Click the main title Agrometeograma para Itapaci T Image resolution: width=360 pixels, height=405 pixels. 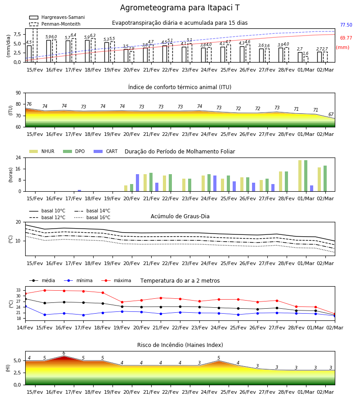180,8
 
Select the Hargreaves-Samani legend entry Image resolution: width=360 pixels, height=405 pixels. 57,17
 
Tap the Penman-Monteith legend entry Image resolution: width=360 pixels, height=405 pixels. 55,24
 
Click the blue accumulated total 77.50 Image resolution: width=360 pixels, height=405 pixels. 346,25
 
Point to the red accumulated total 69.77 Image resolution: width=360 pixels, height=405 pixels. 346,38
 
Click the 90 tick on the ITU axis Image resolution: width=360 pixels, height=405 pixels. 18,93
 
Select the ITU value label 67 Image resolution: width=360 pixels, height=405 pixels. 331,114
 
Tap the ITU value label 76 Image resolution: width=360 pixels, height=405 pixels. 29,104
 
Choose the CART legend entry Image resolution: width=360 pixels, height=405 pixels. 105,151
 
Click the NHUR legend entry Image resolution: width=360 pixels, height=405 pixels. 42,151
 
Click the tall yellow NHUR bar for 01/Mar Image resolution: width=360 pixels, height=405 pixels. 300,176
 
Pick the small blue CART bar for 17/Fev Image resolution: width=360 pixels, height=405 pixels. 79,191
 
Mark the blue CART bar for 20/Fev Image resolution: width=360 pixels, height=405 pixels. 137,183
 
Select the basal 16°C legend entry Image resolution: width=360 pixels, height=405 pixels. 92,217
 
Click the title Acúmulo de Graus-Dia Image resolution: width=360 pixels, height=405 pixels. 180,216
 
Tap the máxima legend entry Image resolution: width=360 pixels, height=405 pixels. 116,280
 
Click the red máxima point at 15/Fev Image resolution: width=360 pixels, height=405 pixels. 45,290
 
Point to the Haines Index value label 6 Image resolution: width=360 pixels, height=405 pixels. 64,353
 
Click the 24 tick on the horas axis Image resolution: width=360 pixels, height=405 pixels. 18,157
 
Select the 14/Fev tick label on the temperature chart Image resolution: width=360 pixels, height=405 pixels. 25,328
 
